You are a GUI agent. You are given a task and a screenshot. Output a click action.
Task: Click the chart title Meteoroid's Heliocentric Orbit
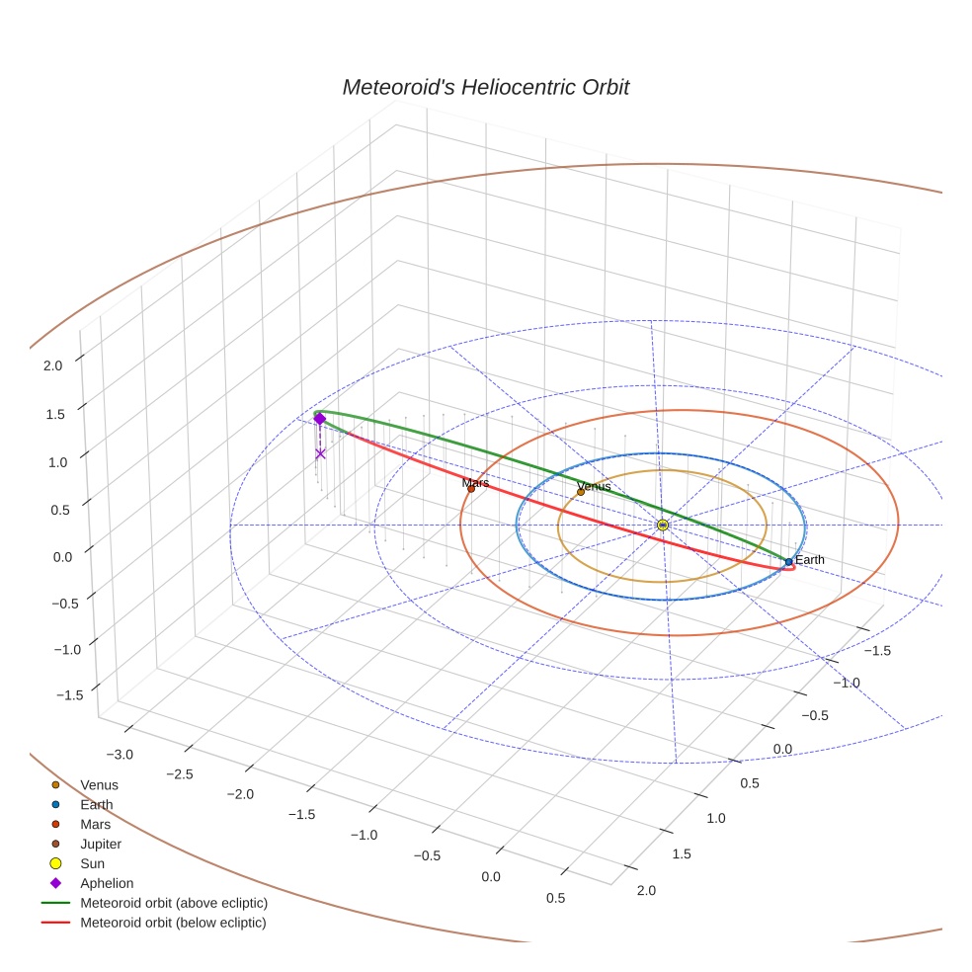pos(485,87)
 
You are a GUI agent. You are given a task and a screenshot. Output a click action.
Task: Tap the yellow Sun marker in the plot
pos(662,525)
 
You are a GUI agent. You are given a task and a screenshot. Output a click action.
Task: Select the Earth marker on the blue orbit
pos(788,562)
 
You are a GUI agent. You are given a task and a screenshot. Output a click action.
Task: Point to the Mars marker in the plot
pos(470,488)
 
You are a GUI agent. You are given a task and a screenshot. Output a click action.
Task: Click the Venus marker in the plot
pos(580,492)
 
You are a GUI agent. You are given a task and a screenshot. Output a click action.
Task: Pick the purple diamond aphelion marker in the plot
pos(319,419)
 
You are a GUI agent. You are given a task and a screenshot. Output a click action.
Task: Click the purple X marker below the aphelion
pos(320,453)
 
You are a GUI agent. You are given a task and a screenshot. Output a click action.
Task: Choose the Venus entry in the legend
pos(99,784)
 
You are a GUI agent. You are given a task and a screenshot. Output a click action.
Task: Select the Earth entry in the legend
pos(97,804)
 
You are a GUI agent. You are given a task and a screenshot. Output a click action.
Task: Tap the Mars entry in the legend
pos(95,824)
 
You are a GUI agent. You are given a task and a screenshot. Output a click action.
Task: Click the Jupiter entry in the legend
pos(101,844)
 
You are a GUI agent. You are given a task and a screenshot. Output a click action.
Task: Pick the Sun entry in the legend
pos(93,863)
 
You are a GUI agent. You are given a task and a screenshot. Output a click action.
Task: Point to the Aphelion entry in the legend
pos(106,883)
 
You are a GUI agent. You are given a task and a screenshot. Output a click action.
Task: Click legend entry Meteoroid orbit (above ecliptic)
pos(173,903)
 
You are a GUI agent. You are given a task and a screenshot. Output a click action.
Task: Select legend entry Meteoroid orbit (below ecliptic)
pos(173,923)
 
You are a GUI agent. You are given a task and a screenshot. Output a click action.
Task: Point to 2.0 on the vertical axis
pos(53,365)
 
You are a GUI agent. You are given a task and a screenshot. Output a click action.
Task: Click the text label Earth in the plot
pos(810,560)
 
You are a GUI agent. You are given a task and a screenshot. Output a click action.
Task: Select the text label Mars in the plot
pos(475,483)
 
